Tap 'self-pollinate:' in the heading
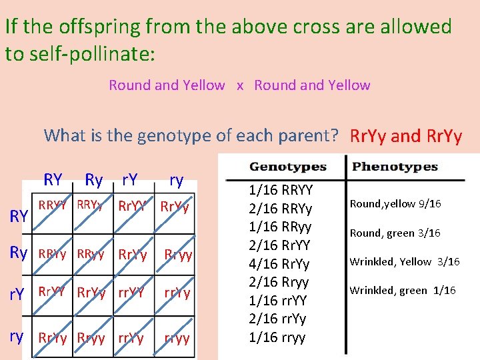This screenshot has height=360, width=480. pyautogui.click(x=90, y=53)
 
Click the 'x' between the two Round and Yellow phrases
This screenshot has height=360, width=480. pyautogui.click(x=240, y=85)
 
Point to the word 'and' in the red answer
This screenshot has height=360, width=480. pyautogui.click(x=405, y=136)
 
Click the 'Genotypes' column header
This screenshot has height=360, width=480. pyautogui.click(x=287, y=167)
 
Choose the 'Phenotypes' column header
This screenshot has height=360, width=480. pyautogui.click(x=395, y=167)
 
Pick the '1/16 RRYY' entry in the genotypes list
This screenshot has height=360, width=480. pyautogui.click(x=280, y=190)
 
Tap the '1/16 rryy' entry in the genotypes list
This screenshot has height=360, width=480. pyautogui.click(x=277, y=337)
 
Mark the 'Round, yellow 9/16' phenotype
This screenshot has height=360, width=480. pyautogui.click(x=395, y=203)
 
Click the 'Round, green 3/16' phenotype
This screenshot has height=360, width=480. pyautogui.click(x=395, y=233)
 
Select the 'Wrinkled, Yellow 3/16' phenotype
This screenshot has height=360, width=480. pyautogui.click(x=405, y=261)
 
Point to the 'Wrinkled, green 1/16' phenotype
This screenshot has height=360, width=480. pyautogui.click(x=403, y=290)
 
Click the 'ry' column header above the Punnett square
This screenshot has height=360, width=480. pyautogui.click(x=176, y=179)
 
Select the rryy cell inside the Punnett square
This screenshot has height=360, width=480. pyautogui.click(x=177, y=338)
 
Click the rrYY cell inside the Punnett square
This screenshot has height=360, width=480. pyautogui.click(x=131, y=292)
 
